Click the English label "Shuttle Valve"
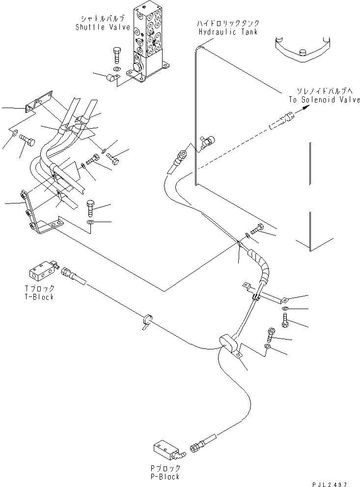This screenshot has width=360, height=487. pyautogui.click(x=96, y=28)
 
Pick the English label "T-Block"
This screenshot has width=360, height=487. pyautogui.click(x=41, y=297)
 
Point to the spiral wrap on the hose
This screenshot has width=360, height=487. pyautogui.click(x=261, y=265)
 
